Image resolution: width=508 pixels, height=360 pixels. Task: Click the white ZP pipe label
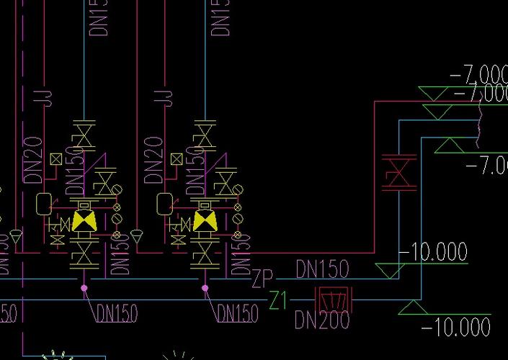point(263,278)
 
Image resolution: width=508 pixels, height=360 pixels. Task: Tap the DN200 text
point(322,320)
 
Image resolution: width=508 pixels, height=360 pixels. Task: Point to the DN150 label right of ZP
point(323,269)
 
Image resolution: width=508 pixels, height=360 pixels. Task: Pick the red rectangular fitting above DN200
point(334,297)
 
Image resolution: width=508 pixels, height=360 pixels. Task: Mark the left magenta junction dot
point(84,288)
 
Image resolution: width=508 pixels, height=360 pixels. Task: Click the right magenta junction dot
point(205,288)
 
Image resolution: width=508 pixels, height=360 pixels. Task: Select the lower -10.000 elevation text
point(455,328)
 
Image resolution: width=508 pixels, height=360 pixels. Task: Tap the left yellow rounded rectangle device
point(43,203)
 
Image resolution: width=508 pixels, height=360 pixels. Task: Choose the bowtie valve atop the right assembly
point(205,135)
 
